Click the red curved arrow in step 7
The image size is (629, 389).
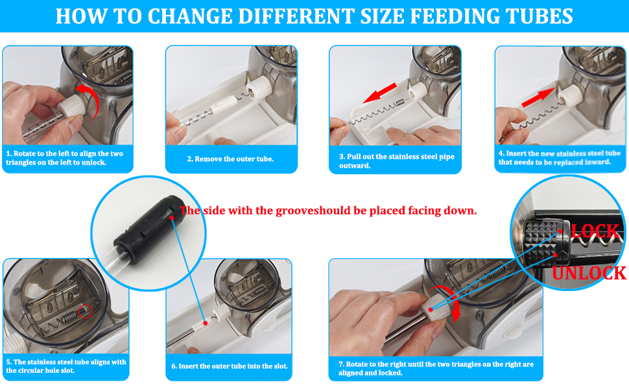tap(452, 302)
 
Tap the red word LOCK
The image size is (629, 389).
tap(595, 231)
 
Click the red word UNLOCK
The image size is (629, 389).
tap(589, 273)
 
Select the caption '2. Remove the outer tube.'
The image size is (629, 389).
tap(230, 159)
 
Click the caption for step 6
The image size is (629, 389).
tap(229, 366)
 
